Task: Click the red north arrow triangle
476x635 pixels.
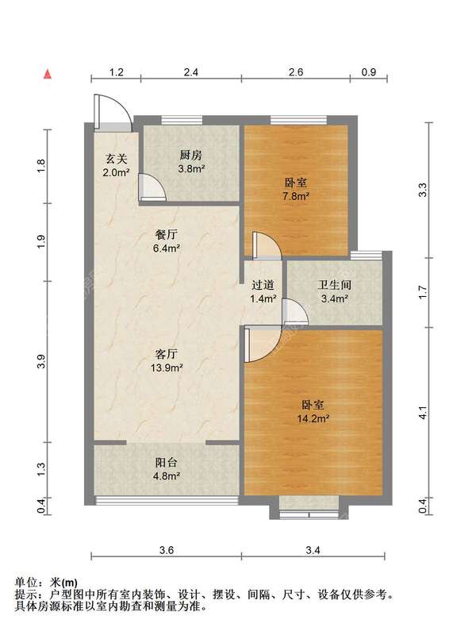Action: point(48,74)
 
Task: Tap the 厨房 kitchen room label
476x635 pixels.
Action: point(190,155)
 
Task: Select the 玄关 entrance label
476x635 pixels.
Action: point(116,158)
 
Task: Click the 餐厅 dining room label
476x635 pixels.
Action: point(167,234)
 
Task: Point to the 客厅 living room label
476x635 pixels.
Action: point(167,354)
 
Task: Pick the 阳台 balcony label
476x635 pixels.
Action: point(167,463)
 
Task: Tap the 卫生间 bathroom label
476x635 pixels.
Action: point(335,285)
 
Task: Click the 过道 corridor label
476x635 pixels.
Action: point(263,285)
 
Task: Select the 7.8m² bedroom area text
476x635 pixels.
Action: point(296,196)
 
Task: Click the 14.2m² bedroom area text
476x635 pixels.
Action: point(313,418)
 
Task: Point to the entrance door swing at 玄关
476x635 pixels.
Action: point(113,113)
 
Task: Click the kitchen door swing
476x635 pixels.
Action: point(152,187)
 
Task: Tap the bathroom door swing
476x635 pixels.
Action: point(295,311)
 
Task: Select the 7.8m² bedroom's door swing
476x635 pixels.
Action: point(267,245)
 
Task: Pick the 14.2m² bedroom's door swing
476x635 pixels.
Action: point(263,344)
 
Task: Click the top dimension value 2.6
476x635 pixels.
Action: point(296,72)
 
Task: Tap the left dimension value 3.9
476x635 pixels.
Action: point(41,361)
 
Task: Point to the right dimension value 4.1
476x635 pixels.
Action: point(423,412)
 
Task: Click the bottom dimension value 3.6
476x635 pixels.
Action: point(167,550)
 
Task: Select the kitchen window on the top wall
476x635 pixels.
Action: point(182,120)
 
